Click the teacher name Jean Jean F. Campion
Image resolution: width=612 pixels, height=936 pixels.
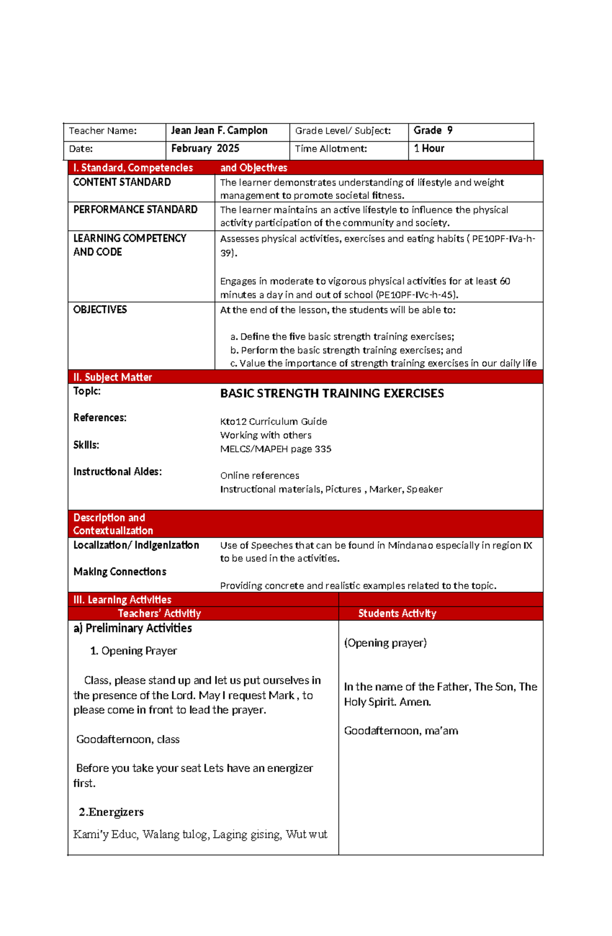coord(219,131)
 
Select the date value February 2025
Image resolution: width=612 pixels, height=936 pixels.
coord(205,148)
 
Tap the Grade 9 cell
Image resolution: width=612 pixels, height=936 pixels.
coord(432,131)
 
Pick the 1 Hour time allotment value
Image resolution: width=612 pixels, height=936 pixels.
coord(429,148)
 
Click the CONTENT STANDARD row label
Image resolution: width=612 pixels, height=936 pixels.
coord(122,182)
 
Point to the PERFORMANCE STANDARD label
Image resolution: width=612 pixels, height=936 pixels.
coord(135,210)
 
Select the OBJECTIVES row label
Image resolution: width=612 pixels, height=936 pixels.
coord(100,310)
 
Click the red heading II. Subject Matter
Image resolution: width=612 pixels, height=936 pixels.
coord(113,377)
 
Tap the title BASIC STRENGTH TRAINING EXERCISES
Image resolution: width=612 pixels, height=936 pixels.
coord(331,393)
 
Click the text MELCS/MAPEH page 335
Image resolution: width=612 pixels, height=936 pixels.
coord(275,449)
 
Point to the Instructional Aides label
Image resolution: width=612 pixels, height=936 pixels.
coord(117,471)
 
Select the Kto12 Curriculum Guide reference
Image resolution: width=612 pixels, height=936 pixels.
coord(273,421)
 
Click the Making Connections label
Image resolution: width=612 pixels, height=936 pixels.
coord(120,572)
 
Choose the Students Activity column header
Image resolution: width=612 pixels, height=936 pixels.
coord(397,614)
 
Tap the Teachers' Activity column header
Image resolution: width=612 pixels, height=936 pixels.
coord(159,614)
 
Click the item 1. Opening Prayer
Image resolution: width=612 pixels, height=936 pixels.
coord(134,651)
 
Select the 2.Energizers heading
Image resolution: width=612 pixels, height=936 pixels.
coord(111,812)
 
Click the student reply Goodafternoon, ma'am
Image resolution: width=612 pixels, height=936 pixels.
coord(401,731)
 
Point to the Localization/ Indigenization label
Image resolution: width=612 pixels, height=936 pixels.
coord(136,545)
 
